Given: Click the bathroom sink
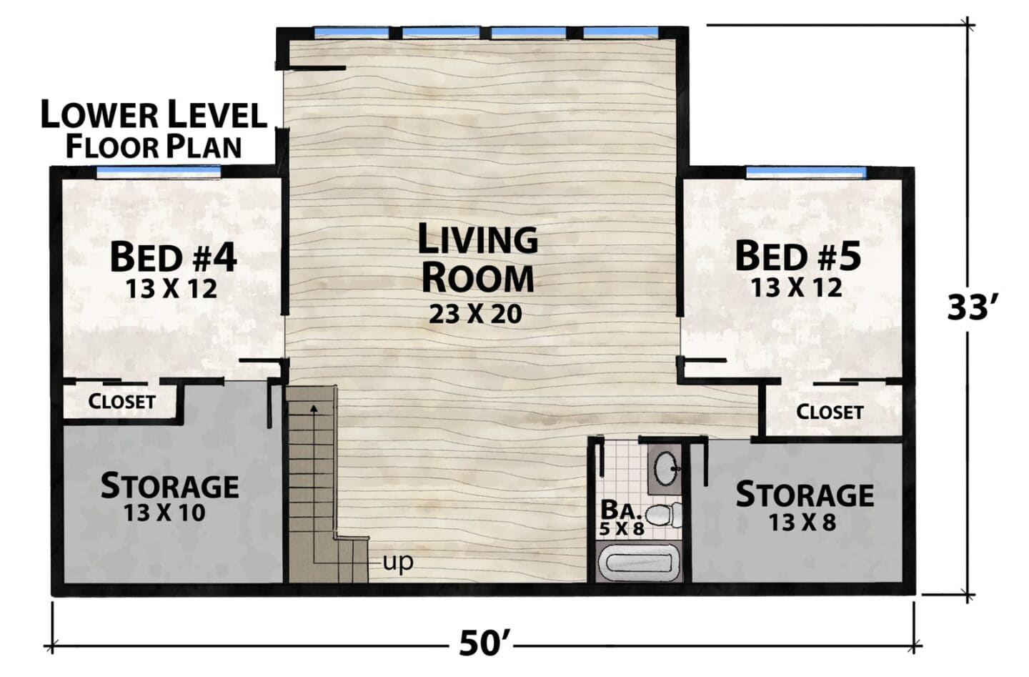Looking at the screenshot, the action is (x=665, y=468).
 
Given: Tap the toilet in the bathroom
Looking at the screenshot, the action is (x=665, y=515).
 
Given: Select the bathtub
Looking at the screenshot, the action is (x=639, y=562).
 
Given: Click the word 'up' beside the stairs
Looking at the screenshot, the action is (x=398, y=563).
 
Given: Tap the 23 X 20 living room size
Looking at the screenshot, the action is (x=475, y=315).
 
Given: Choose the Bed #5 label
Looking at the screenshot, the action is (x=798, y=257).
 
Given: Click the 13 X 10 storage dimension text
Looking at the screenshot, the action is (x=164, y=513).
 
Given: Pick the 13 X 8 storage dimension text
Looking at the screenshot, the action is (x=802, y=522).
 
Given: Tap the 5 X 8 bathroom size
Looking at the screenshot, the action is (x=622, y=529).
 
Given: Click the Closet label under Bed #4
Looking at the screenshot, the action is (x=121, y=402).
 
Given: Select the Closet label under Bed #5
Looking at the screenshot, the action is (x=830, y=412).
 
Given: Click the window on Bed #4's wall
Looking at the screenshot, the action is (x=159, y=171).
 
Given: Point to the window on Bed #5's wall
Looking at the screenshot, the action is (x=806, y=172).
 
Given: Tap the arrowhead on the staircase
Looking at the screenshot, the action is (x=314, y=407).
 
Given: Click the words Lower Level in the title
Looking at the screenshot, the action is (x=154, y=115).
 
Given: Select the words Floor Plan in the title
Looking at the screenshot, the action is (x=154, y=147).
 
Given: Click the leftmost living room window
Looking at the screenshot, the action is (x=352, y=32).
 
